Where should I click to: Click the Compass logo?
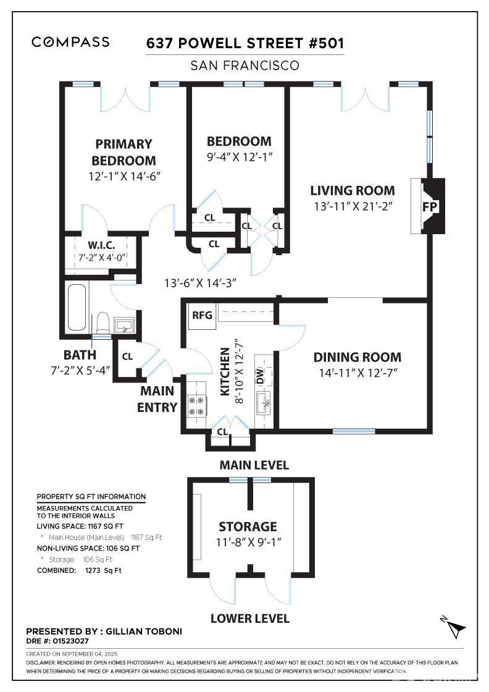[x=70, y=42]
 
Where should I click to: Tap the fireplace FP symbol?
[x=430, y=206]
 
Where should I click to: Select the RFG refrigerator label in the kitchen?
[x=202, y=315]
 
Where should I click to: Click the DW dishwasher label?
[x=260, y=376]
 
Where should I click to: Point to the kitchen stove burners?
[x=196, y=406]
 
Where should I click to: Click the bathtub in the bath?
[x=77, y=307]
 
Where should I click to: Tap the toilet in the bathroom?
[x=102, y=322]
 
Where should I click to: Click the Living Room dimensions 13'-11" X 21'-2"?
[x=353, y=206]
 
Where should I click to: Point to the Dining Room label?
[x=357, y=357]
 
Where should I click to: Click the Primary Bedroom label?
[x=124, y=152]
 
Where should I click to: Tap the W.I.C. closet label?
[x=101, y=245]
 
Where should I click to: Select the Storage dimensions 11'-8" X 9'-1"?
[x=248, y=542]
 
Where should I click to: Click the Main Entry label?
[x=157, y=399]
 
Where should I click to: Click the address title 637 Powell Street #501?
[x=245, y=43]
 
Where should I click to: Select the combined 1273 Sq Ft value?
[x=103, y=570]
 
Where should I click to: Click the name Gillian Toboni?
[x=144, y=631]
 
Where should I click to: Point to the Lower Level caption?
[x=250, y=618]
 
